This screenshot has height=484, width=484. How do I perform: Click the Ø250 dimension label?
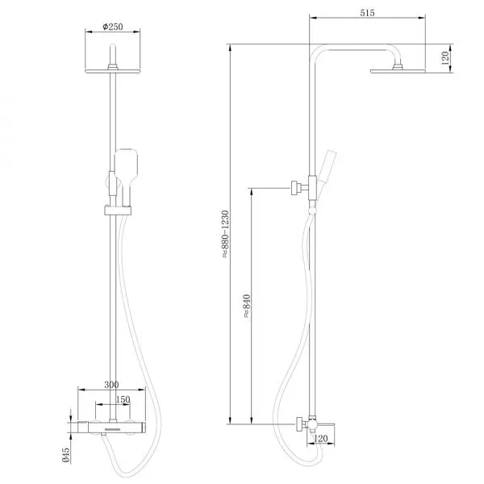113,27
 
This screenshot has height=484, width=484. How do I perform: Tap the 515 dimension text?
367,13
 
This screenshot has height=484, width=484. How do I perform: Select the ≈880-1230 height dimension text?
226,234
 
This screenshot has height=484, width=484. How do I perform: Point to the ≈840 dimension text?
247,307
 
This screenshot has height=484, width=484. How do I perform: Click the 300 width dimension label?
111,385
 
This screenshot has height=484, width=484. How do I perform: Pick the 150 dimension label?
123,399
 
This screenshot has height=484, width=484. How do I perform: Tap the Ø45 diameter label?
66,455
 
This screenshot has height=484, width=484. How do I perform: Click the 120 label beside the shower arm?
445,58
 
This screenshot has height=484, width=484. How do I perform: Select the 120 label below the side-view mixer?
321,438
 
